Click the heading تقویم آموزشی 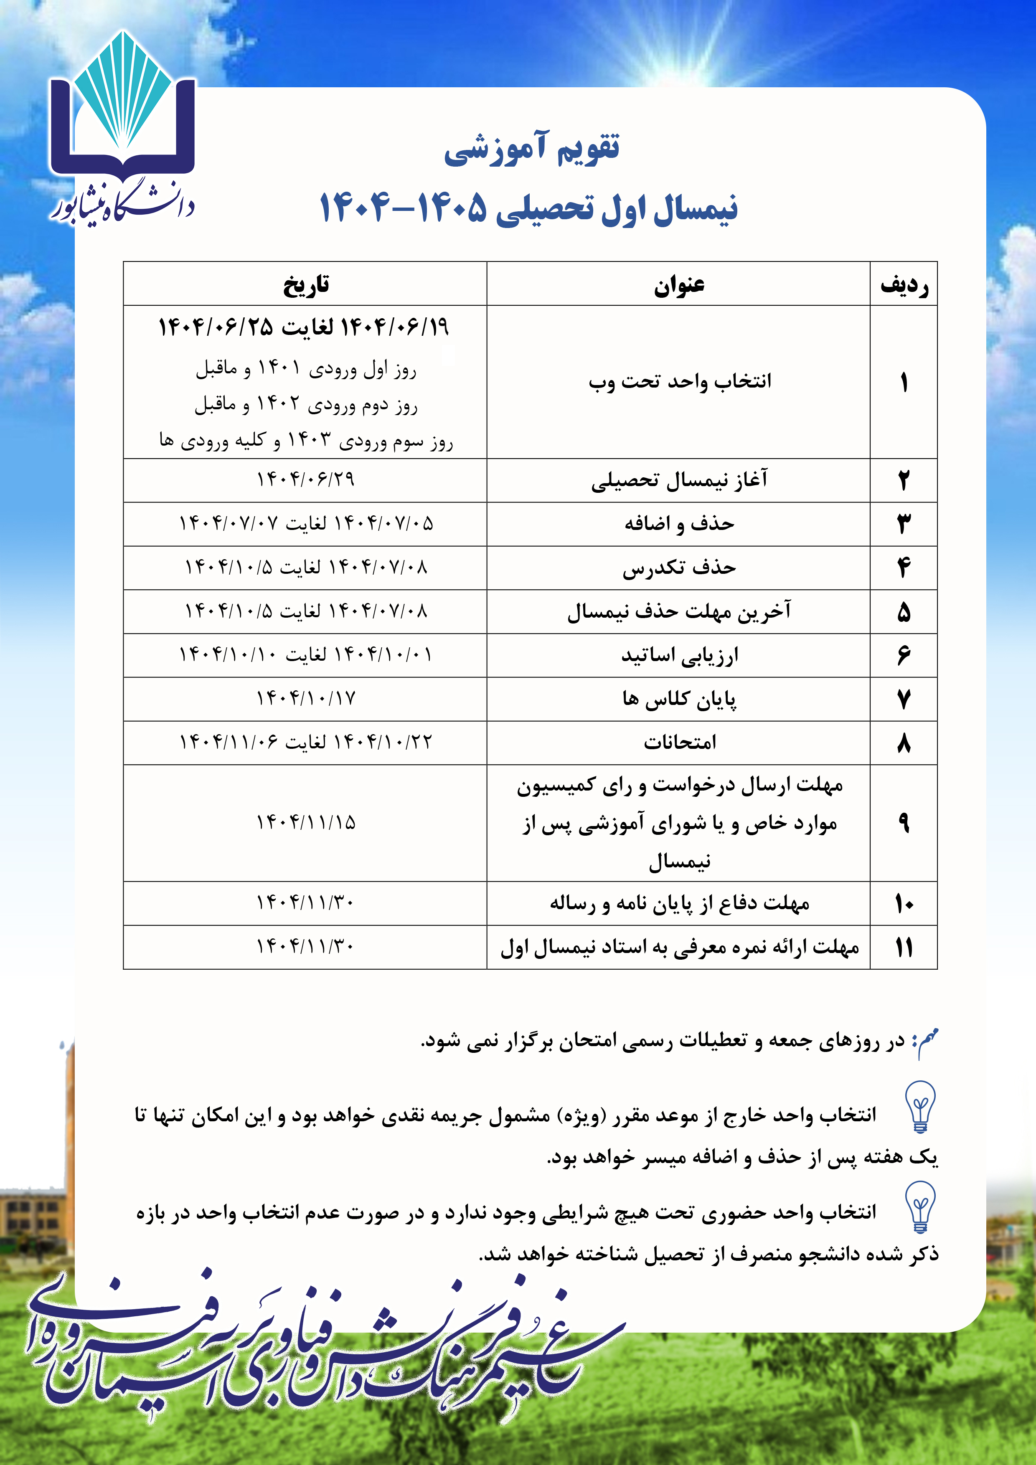click(x=532, y=149)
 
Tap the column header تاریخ click(x=306, y=284)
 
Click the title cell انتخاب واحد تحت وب click(x=679, y=382)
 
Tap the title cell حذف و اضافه click(x=679, y=524)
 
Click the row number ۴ click(x=904, y=567)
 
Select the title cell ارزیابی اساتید click(x=679, y=655)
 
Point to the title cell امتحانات click(x=679, y=743)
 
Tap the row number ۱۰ click(x=904, y=903)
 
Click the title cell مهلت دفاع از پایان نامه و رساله click(x=679, y=903)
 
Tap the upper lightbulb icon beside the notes click(x=920, y=1106)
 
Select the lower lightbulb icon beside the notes click(x=920, y=1206)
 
